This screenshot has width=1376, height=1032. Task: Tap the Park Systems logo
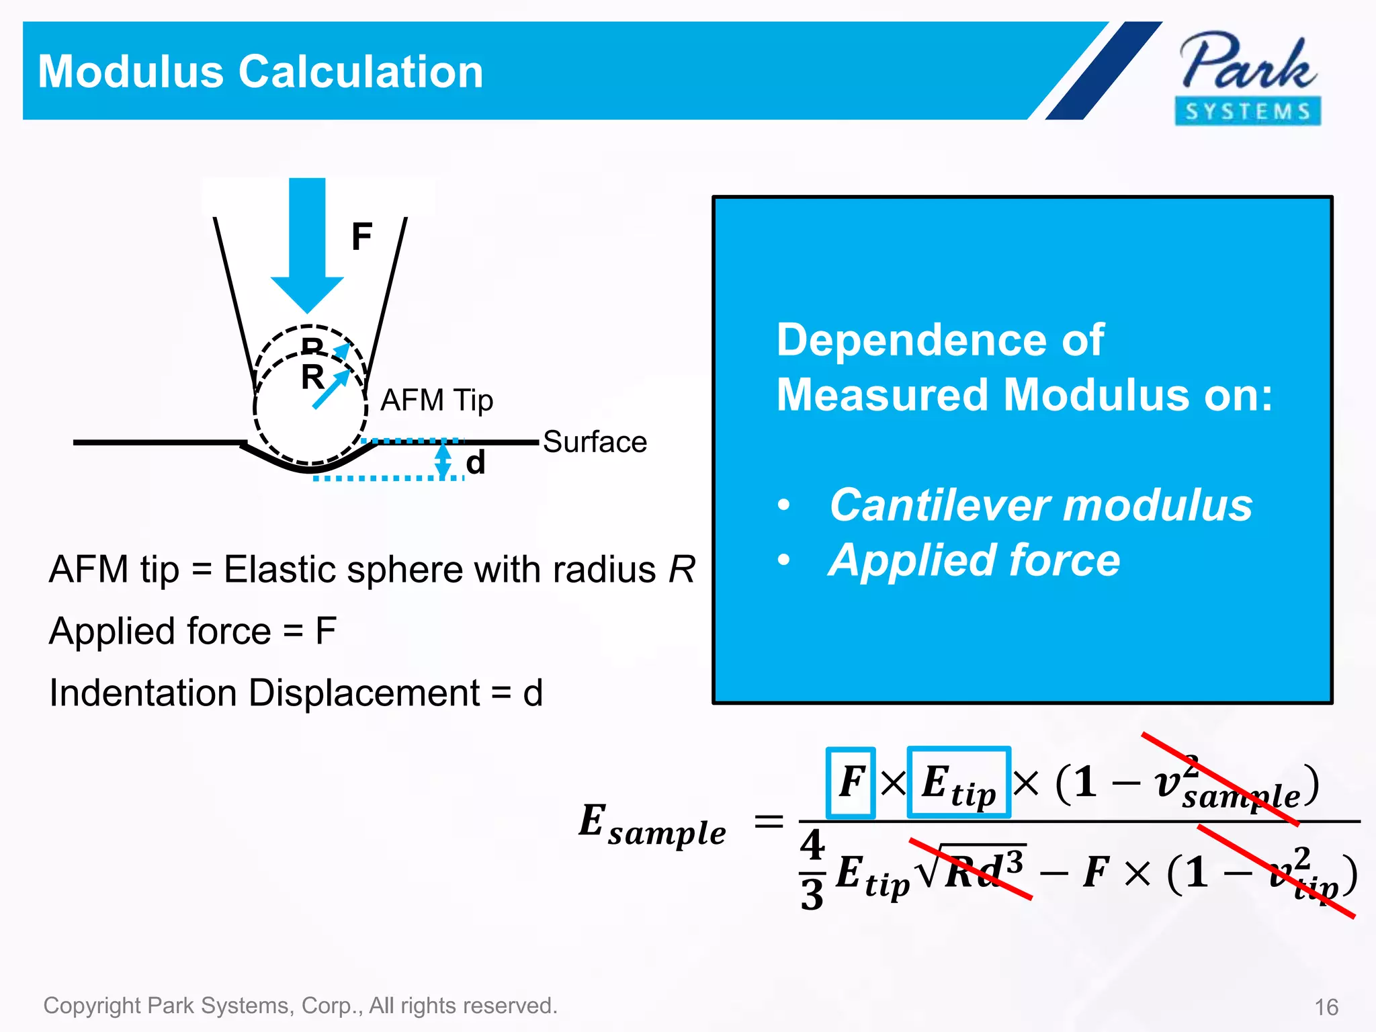1248,78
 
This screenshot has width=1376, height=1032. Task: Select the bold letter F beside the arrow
361,236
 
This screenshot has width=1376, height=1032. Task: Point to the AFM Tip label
437,400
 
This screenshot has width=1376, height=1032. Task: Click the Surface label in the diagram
595,442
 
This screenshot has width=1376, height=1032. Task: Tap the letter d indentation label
476,463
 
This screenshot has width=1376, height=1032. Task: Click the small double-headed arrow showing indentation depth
443,460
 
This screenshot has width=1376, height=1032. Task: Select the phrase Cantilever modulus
1041,505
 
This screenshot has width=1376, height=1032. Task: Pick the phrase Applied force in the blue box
974,560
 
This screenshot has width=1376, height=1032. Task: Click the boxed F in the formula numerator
851,782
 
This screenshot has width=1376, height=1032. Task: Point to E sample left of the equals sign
652,824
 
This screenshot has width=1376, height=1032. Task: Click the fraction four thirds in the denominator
812,869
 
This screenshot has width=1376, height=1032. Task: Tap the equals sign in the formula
769,821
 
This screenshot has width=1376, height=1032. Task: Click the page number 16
1326,1007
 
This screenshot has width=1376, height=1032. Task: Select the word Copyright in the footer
92,1006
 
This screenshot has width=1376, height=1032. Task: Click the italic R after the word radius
681,570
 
